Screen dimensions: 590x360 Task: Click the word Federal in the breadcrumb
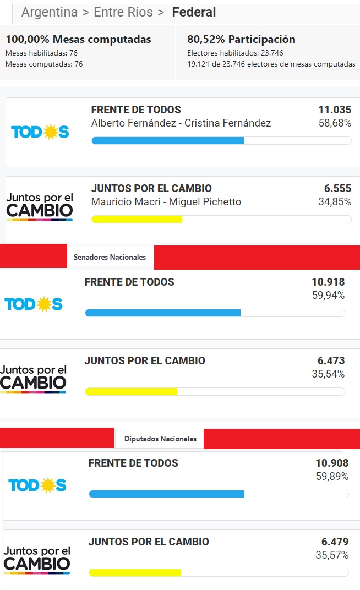tap(194, 12)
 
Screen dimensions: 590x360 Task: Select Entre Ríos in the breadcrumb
tap(123, 12)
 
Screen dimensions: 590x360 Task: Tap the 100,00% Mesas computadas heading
tap(78, 39)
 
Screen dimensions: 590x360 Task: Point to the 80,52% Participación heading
tap(241, 39)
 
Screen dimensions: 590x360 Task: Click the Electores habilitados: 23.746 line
tap(236, 53)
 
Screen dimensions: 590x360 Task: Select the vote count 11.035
tap(335, 110)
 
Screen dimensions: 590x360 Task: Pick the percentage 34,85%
tap(335, 202)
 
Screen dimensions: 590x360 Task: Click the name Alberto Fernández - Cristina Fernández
tap(181, 123)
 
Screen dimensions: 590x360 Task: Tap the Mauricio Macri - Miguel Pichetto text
tap(166, 202)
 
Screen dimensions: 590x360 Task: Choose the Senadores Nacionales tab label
tap(110, 257)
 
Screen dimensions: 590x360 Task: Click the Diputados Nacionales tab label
tap(160, 439)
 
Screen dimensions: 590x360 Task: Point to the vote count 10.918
tap(328, 282)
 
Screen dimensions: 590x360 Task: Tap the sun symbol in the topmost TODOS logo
tap(51, 132)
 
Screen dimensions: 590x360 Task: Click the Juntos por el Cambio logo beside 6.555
tap(40, 206)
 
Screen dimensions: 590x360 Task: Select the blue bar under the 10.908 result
tap(167, 494)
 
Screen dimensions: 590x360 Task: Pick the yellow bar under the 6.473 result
tap(131, 391)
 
